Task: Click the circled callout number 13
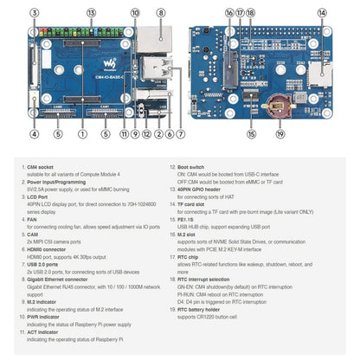click(x=91, y=14)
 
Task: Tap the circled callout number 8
click(x=161, y=14)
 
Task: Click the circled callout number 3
click(x=34, y=14)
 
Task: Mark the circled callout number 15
click(x=251, y=134)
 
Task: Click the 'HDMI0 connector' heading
click(x=48, y=247)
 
